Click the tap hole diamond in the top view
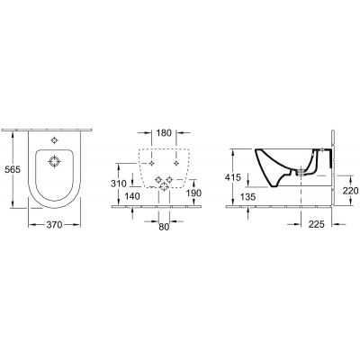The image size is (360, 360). point(56,140)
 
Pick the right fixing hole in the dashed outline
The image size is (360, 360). point(175,164)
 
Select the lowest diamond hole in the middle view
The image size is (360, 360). point(162,184)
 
